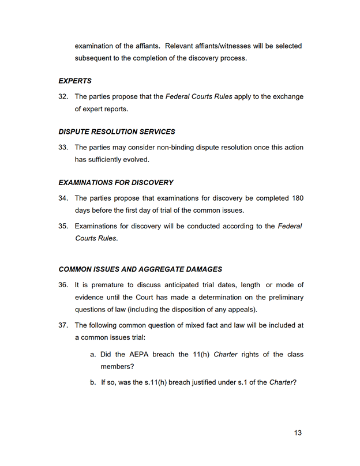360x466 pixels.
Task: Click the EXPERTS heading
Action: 75,81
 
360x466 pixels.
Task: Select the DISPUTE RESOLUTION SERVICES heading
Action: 117,132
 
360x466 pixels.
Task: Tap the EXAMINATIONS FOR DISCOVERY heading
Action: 116,183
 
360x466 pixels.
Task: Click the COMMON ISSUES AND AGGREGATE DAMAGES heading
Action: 140,269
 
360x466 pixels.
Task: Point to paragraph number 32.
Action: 63,97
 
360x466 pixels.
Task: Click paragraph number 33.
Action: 63,148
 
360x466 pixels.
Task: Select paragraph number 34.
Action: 63,198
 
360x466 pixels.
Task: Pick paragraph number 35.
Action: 63,226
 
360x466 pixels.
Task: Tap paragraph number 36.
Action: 63,285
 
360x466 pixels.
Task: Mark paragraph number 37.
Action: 63,325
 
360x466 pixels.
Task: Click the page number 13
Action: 298,433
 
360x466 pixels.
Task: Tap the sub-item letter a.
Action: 92,354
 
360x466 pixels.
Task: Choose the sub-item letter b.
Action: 92,382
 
